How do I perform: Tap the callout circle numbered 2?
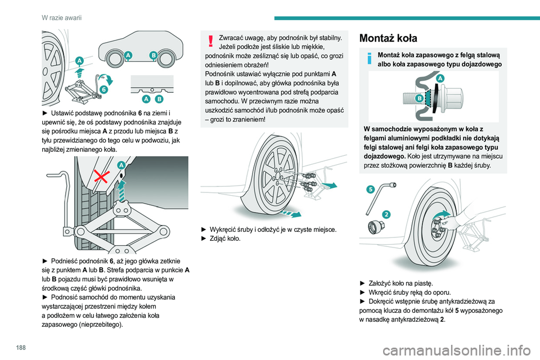pyautogui.click(x=386, y=214)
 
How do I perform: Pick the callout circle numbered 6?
pyautogui.click(x=105, y=89)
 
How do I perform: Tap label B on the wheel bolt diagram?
pyautogui.click(x=419, y=97)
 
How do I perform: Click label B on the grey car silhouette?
pyautogui.click(x=153, y=55)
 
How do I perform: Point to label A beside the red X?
pyautogui.click(x=120, y=165)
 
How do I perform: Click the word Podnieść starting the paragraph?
pyautogui.click(x=65, y=261)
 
